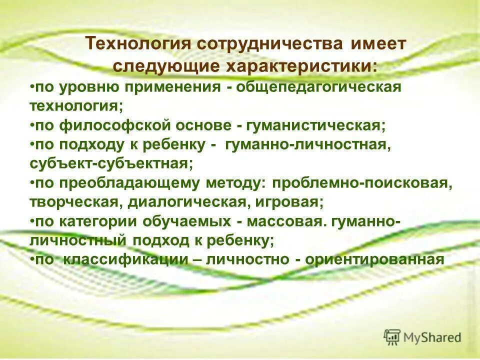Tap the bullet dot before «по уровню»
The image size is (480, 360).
click(x=31, y=87)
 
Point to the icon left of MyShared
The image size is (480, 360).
click(x=392, y=337)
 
